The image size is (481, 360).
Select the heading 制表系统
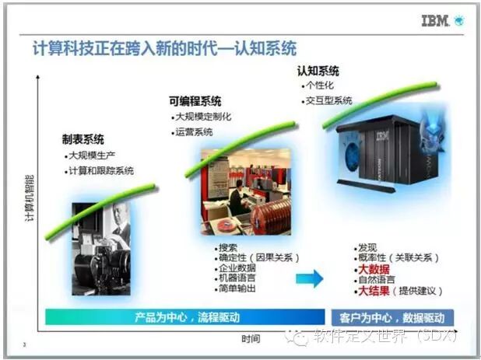[83, 140]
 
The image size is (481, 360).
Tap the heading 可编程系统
[195, 101]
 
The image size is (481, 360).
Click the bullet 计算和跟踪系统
[100, 170]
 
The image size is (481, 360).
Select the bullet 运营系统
[194, 132]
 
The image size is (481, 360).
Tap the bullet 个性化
[321, 86]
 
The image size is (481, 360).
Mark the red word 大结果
[374, 291]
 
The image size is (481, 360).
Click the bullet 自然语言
[376, 280]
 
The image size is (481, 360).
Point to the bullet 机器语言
[237, 278]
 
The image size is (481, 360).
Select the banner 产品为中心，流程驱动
[184, 317]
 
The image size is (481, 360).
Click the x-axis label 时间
[251, 338]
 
